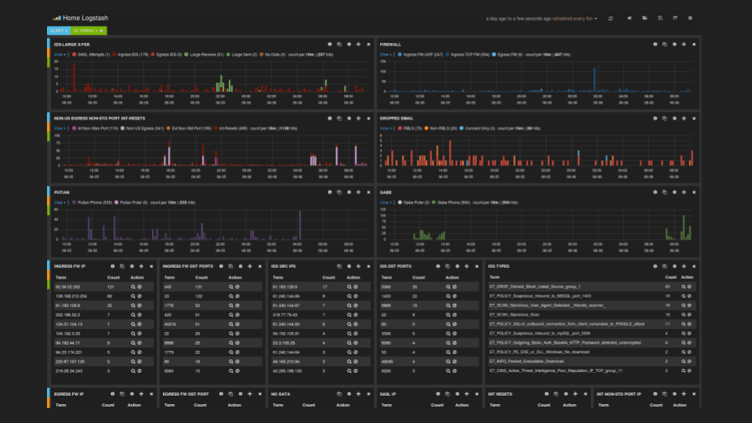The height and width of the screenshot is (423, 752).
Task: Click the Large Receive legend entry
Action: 207,55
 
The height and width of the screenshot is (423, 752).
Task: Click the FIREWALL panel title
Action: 391,45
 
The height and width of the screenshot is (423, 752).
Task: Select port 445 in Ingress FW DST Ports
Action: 168,287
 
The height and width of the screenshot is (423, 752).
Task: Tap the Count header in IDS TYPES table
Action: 671,277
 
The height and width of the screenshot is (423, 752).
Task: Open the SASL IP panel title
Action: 388,393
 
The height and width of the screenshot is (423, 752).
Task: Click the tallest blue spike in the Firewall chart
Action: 595,78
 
